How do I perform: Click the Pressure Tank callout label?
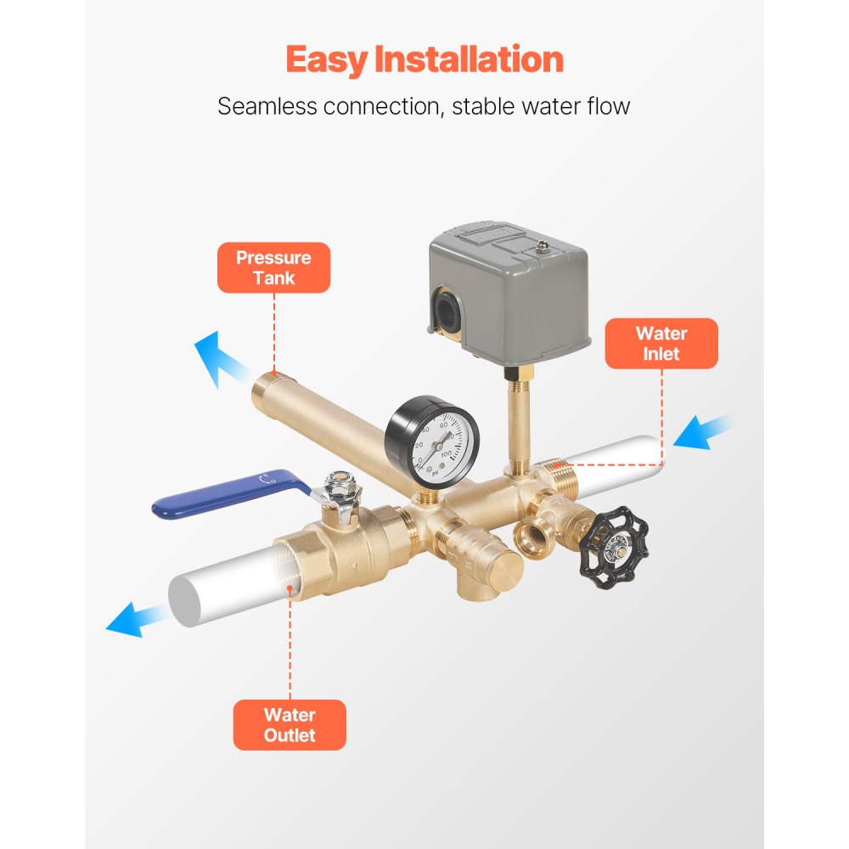click(273, 268)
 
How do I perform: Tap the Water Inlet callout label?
click(661, 343)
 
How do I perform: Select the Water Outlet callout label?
click(290, 725)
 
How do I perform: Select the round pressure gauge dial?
click(432, 439)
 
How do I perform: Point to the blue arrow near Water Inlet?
click(704, 430)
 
